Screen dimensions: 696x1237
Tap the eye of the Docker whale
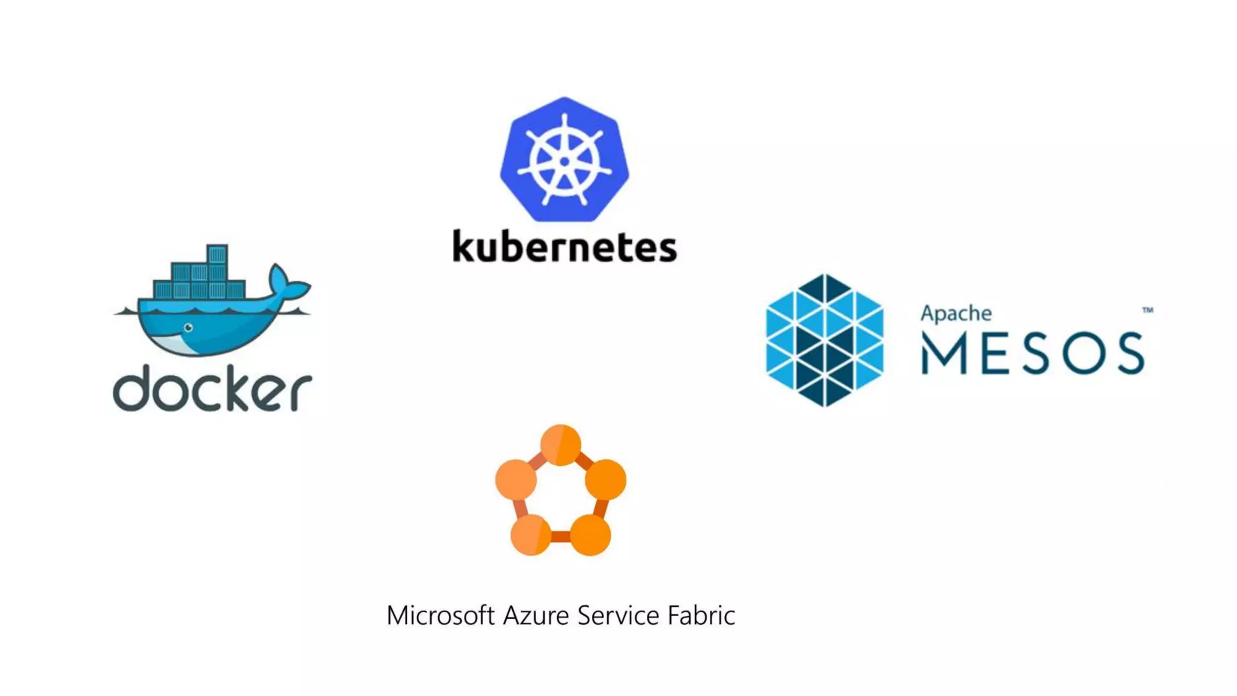(188, 327)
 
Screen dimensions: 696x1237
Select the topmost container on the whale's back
(217, 254)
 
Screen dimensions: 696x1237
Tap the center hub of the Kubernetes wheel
(565, 161)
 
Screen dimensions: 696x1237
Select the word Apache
(956, 314)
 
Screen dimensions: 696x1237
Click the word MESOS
(1032, 353)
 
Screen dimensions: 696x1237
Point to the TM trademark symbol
(1148, 310)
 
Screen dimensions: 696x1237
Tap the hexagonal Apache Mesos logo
(824, 340)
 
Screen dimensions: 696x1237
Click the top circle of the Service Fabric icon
(561, 445)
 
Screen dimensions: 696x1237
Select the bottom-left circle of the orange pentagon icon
(530, 535)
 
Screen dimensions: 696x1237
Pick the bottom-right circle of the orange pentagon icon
(590, 535)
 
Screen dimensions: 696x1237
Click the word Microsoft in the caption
(440, 615)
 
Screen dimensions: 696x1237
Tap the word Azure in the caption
(536, 615)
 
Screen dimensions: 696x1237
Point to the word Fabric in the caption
(701, 615)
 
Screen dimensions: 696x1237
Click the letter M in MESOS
(945, 354)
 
